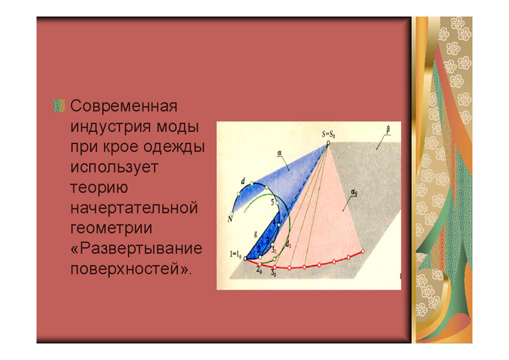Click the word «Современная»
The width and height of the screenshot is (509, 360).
(x=124, y=106)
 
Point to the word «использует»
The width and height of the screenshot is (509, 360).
(x=115, y=167)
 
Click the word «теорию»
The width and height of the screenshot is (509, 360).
(x=99, y=188)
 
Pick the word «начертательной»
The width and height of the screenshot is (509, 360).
(x=134, y=208)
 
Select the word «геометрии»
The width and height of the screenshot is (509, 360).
(x=111, y=228)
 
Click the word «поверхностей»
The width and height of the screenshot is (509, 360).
(x=125, y=269)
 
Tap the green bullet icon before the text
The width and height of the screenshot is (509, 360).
(x=59, y=106)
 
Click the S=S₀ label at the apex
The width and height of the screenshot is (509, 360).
(x=329, y=134)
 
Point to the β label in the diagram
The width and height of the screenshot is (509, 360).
(x=388, y=130)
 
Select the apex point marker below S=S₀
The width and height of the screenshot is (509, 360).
(x=328, y=142)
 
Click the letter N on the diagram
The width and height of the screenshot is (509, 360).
(x=230, y=219)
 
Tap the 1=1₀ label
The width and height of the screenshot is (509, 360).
(x=235, y=254)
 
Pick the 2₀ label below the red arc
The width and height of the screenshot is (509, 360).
(x=259, y=269)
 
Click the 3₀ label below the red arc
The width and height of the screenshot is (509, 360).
(x=273, y=273)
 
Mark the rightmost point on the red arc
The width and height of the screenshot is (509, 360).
(x=362, y=251)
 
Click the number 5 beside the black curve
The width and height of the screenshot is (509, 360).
(x=273, y=202)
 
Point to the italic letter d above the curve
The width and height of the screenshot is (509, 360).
(x=243, y=182)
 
